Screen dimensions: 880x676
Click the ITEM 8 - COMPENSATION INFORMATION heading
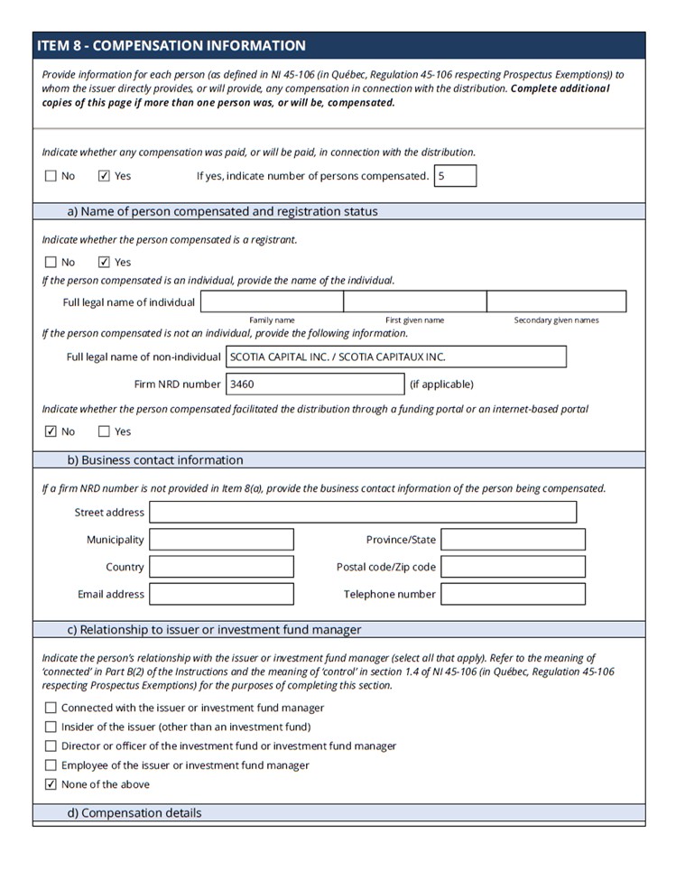[x=171, y=46]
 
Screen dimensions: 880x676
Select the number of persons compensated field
[x=455, y=176]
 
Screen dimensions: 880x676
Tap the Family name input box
[x=272, y=301]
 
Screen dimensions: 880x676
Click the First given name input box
[x=414, y=301]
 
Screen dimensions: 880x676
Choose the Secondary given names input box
[x=556, y=301]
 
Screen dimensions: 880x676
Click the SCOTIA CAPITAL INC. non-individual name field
[x=395, y=357]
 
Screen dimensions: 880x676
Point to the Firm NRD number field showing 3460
[x=314, y=384]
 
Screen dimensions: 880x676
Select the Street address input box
[x=363, y=513]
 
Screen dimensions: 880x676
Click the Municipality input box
[x=221, y=540]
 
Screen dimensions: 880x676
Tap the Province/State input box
[x=513, y=540]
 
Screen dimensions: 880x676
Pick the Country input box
[x=221, y=567]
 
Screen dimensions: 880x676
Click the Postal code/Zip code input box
[x=513, y=567]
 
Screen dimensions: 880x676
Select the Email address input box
[x=221, y=594]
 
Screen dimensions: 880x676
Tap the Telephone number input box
[x=513, y=594]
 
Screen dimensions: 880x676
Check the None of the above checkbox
[x=51, y=784]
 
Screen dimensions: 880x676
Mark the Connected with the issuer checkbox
[x=51, y=708]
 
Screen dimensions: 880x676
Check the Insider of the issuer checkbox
[x=51, y=727]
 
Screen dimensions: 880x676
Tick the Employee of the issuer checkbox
[x=51, y=765]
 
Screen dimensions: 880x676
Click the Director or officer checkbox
[x=51, y=746]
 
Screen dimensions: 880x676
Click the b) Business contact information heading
[x=155, y=460]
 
